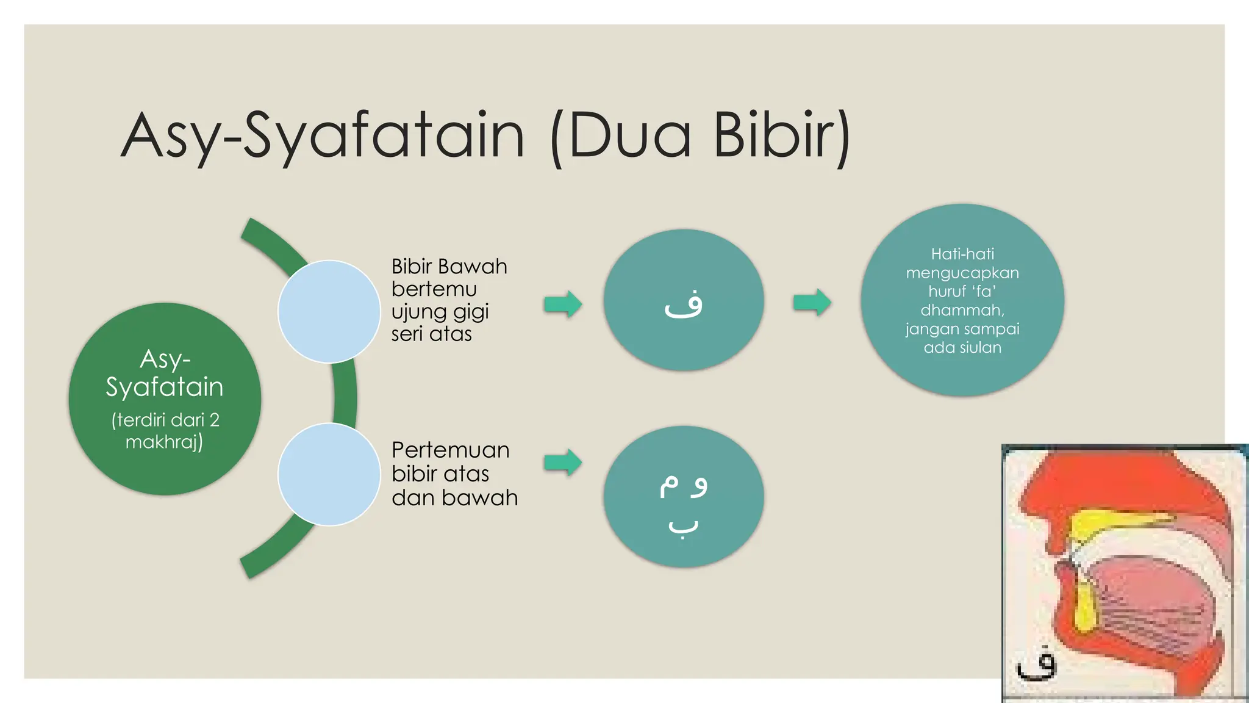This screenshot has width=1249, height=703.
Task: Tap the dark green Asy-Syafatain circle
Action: click(x=165, y=398)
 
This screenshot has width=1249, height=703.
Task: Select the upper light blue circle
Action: click(x=329, y=311)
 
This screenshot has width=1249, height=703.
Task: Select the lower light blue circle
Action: click(x=329, y=474)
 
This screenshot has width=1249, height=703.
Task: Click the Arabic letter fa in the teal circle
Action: click(x=684, y=303)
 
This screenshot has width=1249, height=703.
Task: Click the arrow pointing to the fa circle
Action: click(x=563, y=303)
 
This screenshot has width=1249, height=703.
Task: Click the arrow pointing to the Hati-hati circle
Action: click(x=812, y=302)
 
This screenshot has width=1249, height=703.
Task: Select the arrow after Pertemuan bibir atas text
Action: click(x=563, y=463)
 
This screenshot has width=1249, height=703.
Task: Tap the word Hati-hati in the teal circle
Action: click(x=962, y=254)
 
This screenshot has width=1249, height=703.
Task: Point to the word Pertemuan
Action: click(x=450, y=450)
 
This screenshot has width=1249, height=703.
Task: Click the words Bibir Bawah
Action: click(x=449, y=267)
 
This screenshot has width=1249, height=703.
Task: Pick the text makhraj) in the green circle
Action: click(x=164, y=441)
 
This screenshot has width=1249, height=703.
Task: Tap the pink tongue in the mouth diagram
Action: click(x=1140, y=604)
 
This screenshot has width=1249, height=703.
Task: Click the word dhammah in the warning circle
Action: click(x=962, y=310)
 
